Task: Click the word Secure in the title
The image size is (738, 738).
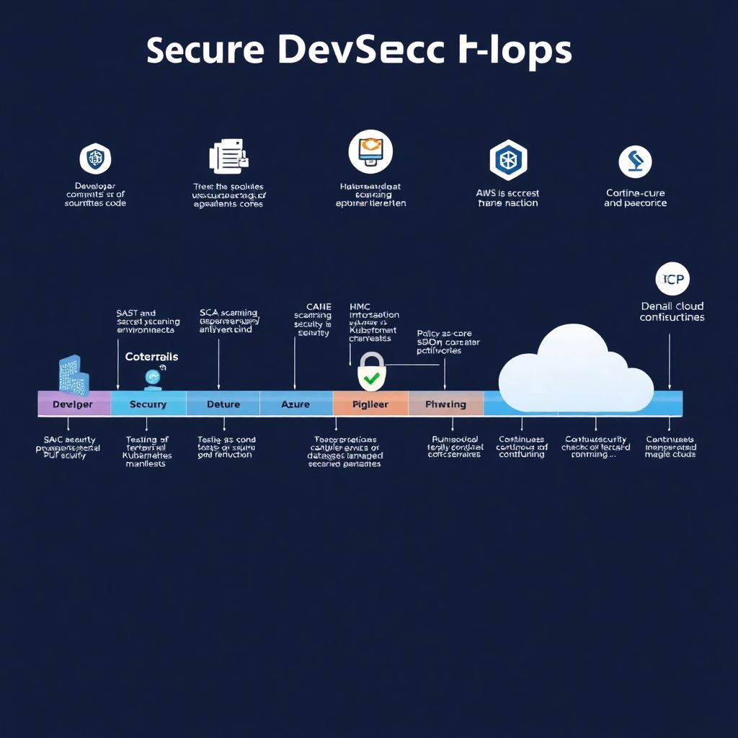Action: point(203,51)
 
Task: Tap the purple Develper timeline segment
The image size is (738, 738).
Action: point(74,404)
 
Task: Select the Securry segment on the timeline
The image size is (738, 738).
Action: point(148,404)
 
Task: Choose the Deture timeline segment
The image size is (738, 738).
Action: point(223,404)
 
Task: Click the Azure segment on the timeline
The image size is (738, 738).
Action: point(295,404)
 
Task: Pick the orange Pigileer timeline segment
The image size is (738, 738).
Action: point(370,404)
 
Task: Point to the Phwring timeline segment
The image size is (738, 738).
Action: point(445,404)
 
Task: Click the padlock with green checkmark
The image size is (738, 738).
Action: point(372,372)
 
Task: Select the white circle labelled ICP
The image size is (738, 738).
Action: point(672,279)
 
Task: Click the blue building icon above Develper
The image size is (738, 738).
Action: point(74,375)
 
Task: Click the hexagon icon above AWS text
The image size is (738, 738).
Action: point(508,159)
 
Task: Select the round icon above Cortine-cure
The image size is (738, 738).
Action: point(635,161)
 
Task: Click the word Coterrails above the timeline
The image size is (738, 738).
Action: point(151,357)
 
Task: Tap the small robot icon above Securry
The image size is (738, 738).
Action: point(152,377)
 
